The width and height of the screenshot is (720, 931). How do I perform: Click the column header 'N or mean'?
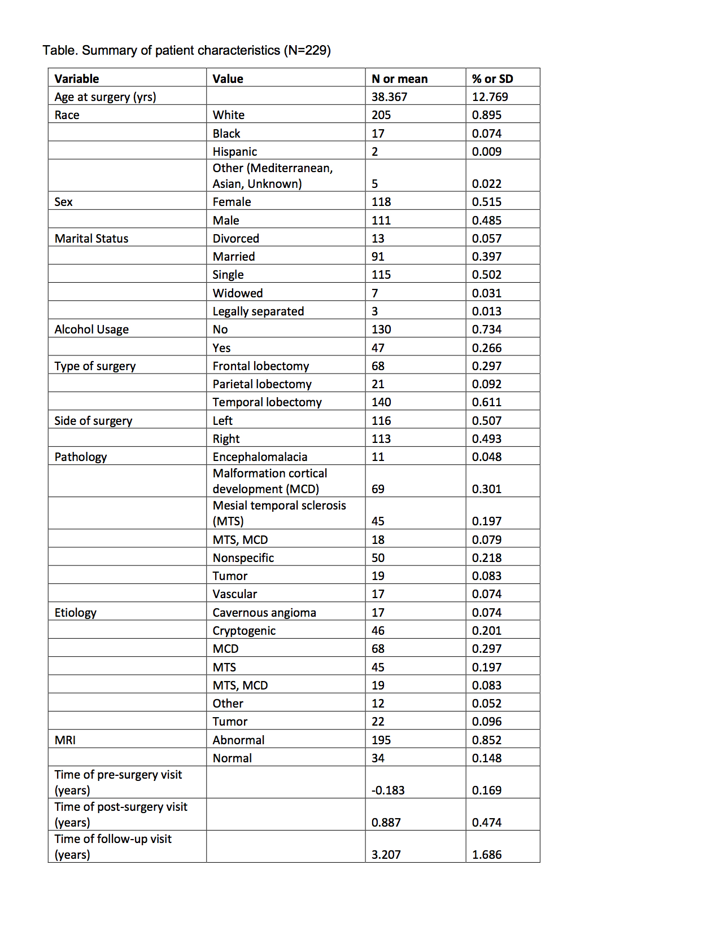click(399, 79)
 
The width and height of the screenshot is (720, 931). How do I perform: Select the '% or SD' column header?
click(492, 79)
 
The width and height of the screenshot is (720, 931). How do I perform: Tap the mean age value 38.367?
click(389, 97)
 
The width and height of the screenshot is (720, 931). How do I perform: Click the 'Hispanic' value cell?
click(234, 152)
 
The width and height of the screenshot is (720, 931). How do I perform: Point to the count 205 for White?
click(381, 115)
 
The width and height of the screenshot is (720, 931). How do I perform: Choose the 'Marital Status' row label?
click(91, 239)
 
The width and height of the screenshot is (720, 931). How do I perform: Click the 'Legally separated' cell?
click(258, 311)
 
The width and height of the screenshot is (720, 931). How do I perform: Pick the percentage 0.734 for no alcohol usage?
click(487, 330)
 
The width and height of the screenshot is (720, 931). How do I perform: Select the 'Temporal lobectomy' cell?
click(267, 402)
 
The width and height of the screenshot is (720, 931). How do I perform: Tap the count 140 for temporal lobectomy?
click(381, 402)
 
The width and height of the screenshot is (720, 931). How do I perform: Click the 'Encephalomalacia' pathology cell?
click(260, 457)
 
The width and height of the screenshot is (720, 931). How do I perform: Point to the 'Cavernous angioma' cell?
click(264, 613)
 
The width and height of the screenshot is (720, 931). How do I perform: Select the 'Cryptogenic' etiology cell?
click(244, 631)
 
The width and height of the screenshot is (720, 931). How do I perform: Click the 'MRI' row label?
click(65, 740)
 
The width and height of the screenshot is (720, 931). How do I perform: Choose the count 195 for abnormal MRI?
click(381, 740)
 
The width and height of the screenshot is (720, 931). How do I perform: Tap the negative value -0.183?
click(388, 791)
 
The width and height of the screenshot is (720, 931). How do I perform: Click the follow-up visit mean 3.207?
click(386, 855)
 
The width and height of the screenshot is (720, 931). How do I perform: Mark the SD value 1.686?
click(487, 855)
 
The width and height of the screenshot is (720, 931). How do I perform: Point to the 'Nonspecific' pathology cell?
click(243, 558)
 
